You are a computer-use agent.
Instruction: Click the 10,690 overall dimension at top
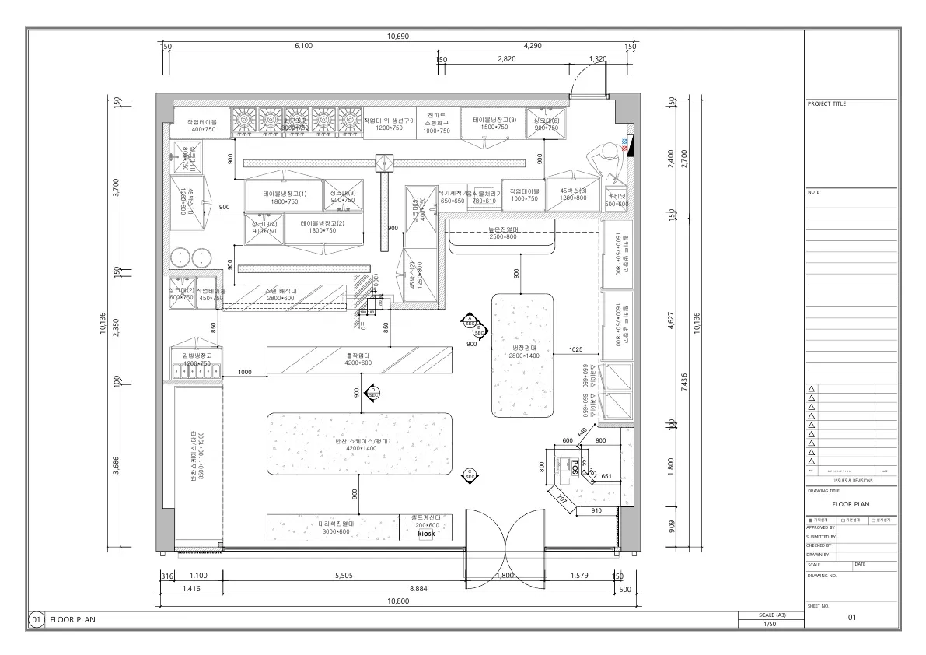coord(397,37)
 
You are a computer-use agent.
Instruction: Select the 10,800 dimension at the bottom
coord(397,601)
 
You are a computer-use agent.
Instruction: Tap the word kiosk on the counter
coord(425,534)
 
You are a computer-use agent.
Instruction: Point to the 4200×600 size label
coord(358,363)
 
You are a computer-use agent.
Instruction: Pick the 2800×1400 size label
coord(524,356)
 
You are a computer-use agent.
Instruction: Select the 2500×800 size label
coord(502,236)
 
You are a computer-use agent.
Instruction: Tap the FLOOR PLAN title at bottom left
coord(74,620)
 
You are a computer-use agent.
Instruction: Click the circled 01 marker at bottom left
coord(37,620)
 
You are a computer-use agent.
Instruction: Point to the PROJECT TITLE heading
coord(826,104)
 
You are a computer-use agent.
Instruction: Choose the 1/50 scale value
coord(769,624)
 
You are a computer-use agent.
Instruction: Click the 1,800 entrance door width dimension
coord(505,576)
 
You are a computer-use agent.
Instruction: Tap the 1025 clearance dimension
coord(575,350)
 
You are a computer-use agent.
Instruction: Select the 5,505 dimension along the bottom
coord(344,576)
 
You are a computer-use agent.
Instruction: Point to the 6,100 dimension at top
coord(305,47)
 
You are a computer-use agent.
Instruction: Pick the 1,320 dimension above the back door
coord(598,59)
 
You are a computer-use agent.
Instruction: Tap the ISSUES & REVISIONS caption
coord(851,481)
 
